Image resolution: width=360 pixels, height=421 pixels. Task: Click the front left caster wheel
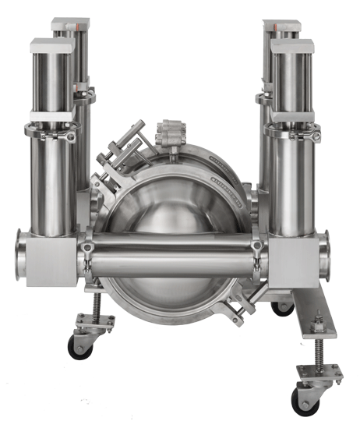pos(80,345)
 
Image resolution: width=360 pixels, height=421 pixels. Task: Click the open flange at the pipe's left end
pos(21,255)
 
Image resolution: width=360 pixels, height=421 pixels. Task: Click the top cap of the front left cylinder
pos(51,46)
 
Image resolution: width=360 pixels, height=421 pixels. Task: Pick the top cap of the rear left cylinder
pos(71,25)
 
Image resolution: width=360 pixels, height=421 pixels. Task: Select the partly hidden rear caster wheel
pos(282,307)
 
